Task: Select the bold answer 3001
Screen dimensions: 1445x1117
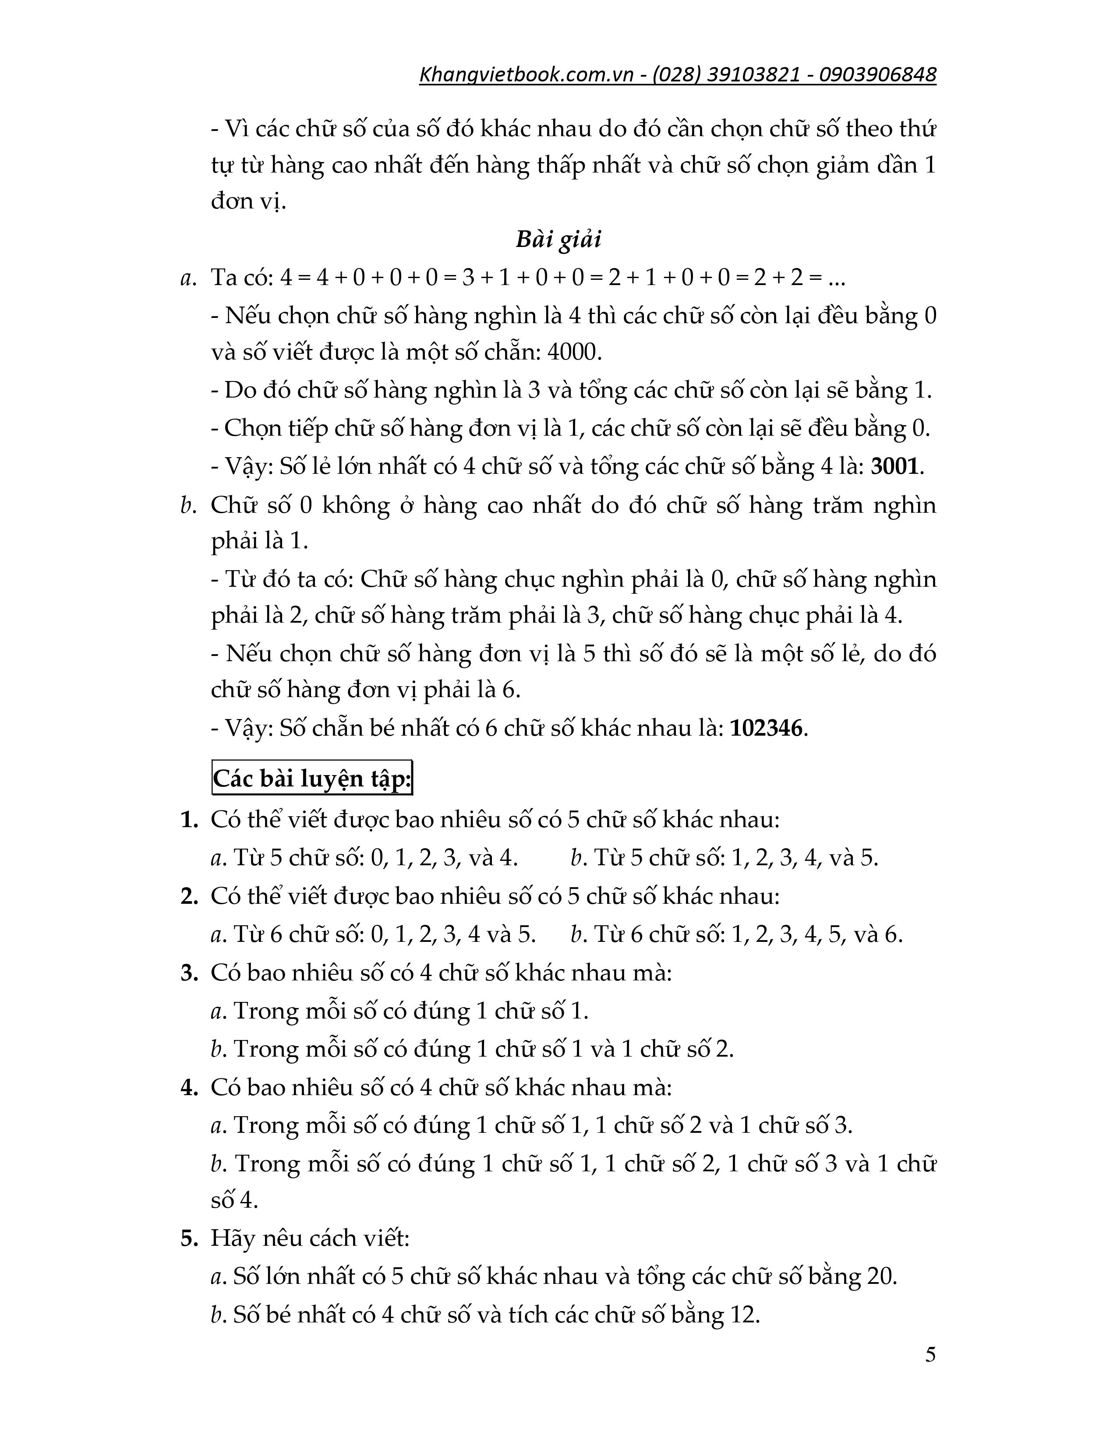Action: (894, 467)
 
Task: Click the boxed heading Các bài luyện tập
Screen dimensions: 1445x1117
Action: (312, 779)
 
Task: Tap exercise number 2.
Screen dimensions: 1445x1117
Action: (189, 896)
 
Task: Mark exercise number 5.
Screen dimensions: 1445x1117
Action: (189, 1239)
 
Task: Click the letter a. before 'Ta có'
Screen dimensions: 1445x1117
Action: (187, 278)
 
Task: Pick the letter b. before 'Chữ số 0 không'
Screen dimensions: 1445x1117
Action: (187, 505)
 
